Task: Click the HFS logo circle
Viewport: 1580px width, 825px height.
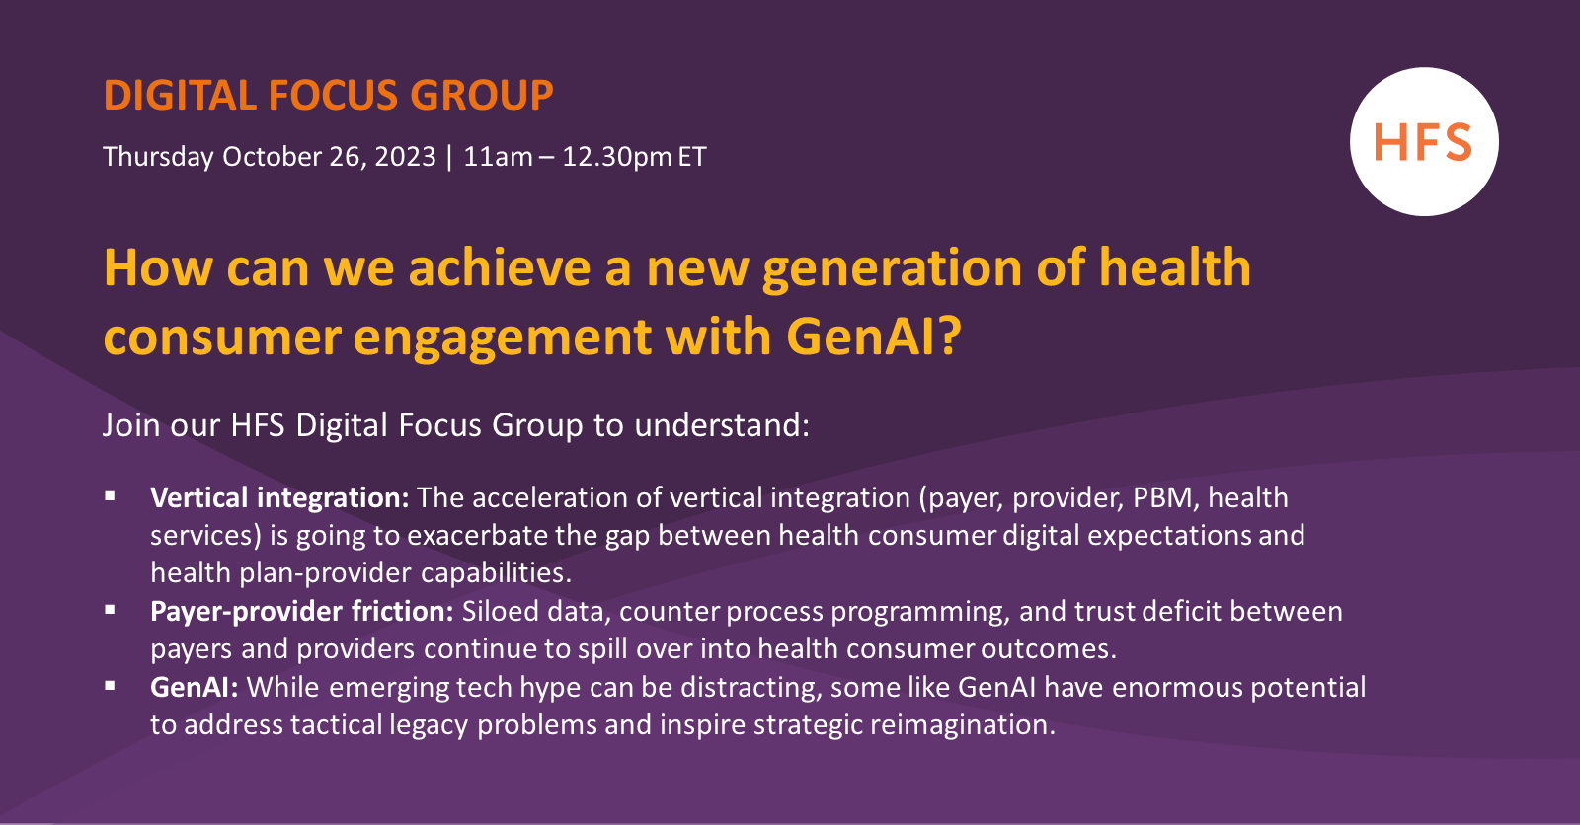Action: tap(1423, 142)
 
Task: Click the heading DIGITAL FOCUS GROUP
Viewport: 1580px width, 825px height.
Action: tap(328, 96)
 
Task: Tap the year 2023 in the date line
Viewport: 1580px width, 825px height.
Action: tap(405, 157)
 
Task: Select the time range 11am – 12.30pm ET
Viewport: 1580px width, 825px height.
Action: tap(585, 157)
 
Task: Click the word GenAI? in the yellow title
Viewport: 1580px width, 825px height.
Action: tap(873, 337)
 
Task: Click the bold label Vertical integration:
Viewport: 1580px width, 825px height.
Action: tap(279, 497)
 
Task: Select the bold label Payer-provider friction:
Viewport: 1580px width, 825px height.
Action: tap(301, 611)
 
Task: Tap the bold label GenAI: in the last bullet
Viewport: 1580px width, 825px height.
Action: tap(194, 687)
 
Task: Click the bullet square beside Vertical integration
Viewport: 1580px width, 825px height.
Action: tap(111, 496)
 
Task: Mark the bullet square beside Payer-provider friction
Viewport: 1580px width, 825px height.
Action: tap(111, 610)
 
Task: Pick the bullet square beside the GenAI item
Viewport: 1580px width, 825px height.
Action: tap(111, 686)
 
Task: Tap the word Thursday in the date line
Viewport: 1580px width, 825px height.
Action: tap(158, 157)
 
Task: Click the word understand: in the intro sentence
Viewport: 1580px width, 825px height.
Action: tap(722, 425)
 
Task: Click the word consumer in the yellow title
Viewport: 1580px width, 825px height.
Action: tap(221, 337)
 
